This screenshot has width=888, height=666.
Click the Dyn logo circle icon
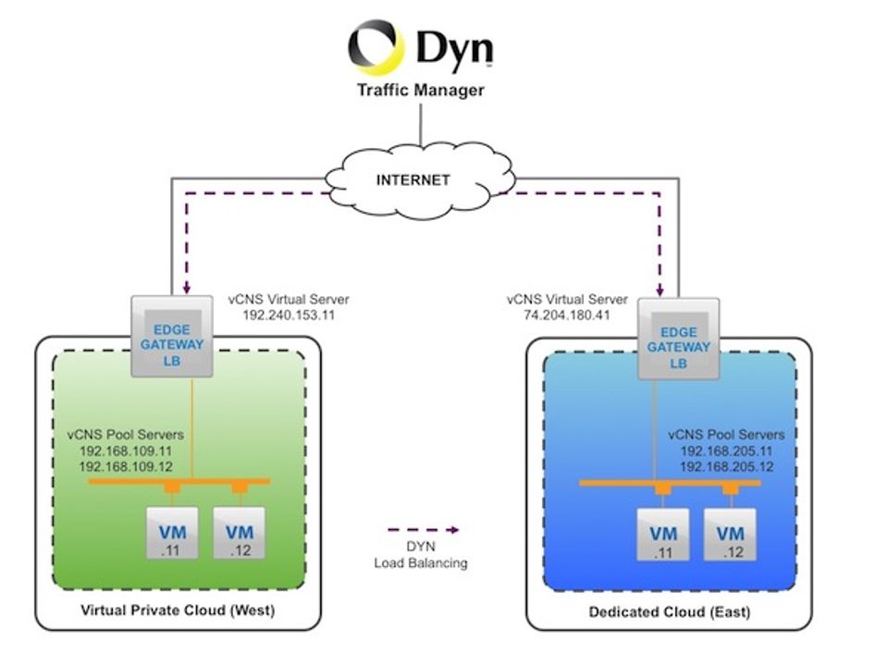tap(376, 47)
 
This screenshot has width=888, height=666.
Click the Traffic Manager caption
tap(421, 90)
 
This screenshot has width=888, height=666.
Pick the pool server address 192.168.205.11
tap(726, 450)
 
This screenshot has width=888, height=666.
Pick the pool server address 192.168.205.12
tap(726, 466)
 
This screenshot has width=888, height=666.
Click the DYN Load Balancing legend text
tap(421, 555)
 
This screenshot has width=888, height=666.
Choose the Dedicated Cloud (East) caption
tap(670, 612)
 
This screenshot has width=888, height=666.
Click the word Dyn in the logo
tap(453, 48)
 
